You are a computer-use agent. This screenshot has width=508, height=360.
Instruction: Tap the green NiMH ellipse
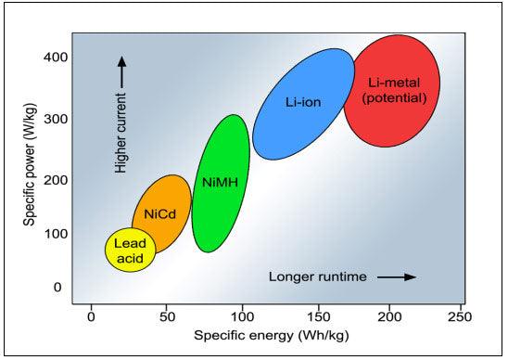220,183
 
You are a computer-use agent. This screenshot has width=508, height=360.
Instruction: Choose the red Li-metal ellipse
390,91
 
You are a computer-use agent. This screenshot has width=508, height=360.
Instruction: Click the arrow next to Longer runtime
398,276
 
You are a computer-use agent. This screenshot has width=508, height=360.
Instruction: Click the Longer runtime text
318,276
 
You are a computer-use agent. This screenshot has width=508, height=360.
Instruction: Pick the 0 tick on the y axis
57,288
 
